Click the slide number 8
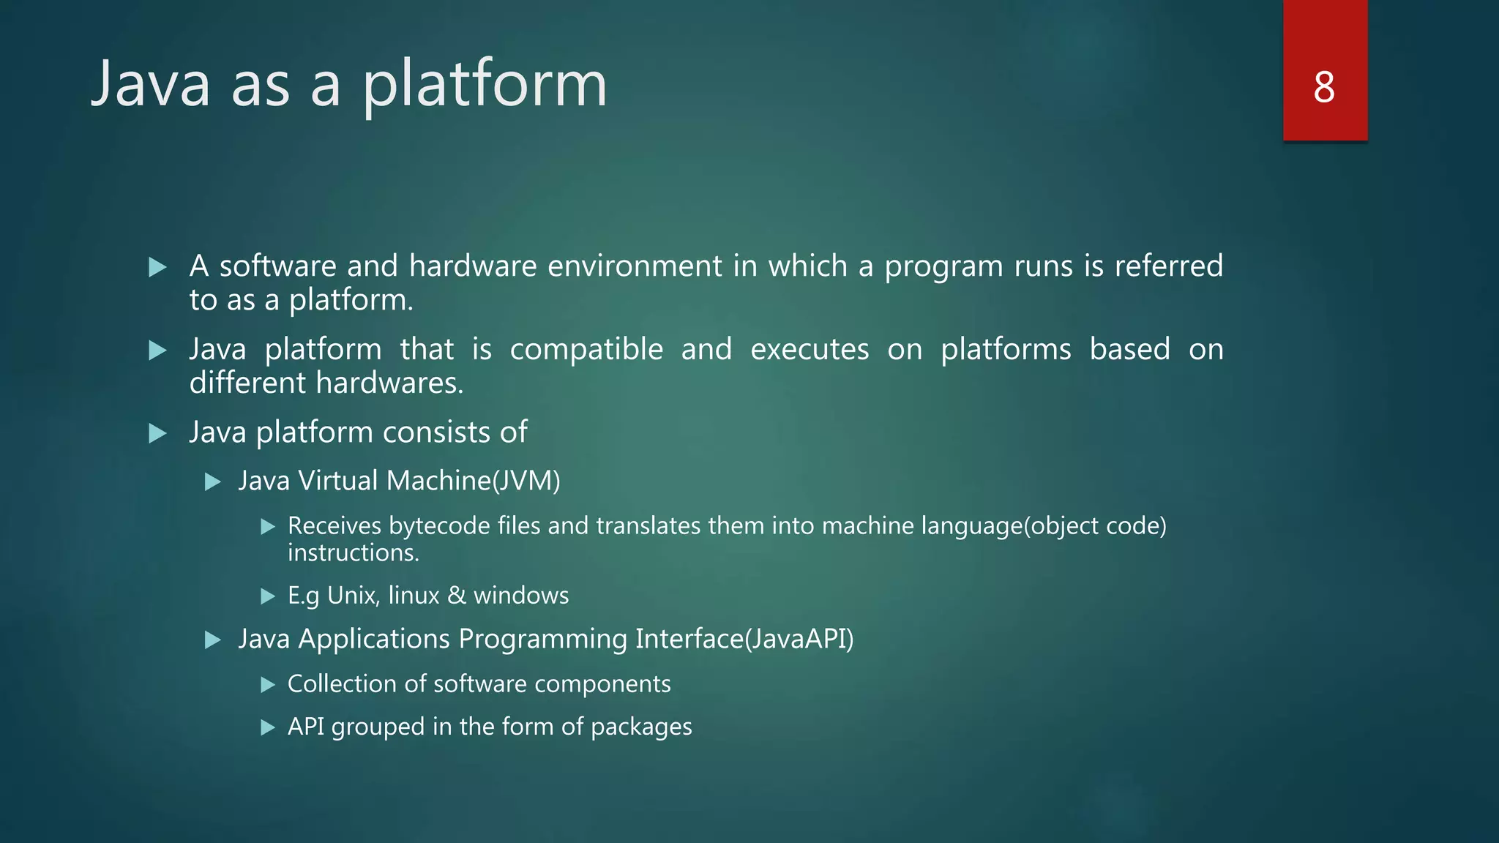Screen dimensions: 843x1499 point(1324,87)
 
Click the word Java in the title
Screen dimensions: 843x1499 point(151,84)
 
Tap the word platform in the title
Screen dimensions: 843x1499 point(485,86)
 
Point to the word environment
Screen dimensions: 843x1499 point(635,266)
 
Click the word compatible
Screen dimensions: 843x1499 point(586,350)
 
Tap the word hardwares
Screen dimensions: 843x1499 point(389,383)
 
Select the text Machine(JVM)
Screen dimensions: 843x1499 point(473,481)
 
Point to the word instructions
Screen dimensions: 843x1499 point(353,553)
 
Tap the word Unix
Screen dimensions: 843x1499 point(353,596)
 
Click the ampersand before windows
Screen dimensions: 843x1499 point(456,596)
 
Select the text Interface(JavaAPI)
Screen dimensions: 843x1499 point(744,639)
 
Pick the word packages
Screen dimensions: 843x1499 point(640,727)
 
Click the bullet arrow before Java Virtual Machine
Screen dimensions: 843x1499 point(213,482)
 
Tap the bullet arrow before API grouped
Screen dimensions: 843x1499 point(268,727)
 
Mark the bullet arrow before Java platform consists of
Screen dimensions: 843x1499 point(157,433)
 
